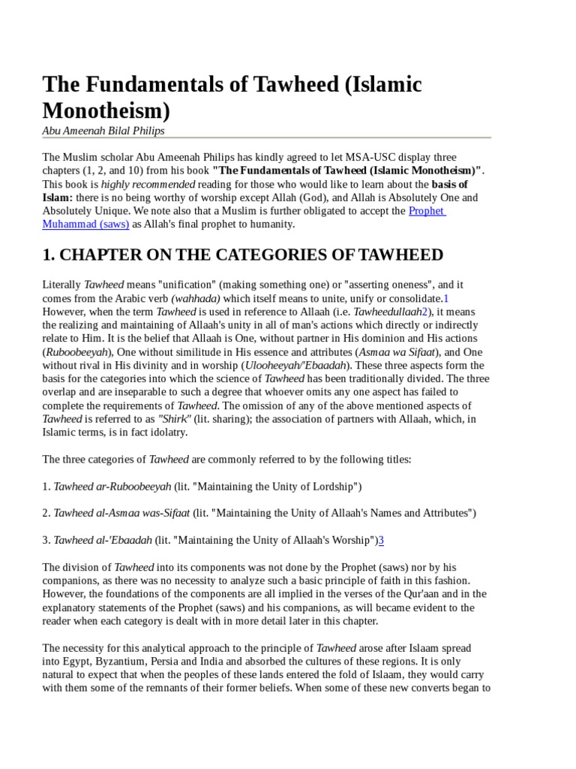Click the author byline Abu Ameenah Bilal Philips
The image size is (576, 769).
click(x=103, y=131)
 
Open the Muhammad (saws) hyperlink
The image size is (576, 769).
click(x=85, y=224)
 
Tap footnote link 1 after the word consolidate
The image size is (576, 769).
click(x=445, y=298)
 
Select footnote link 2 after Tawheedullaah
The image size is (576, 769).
click(x=424, y=311)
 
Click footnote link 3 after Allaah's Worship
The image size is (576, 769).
click(x=381, y=540)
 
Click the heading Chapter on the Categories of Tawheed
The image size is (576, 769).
click(x=243, y=255)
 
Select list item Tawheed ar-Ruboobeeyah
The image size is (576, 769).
click(x=112, y=486)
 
